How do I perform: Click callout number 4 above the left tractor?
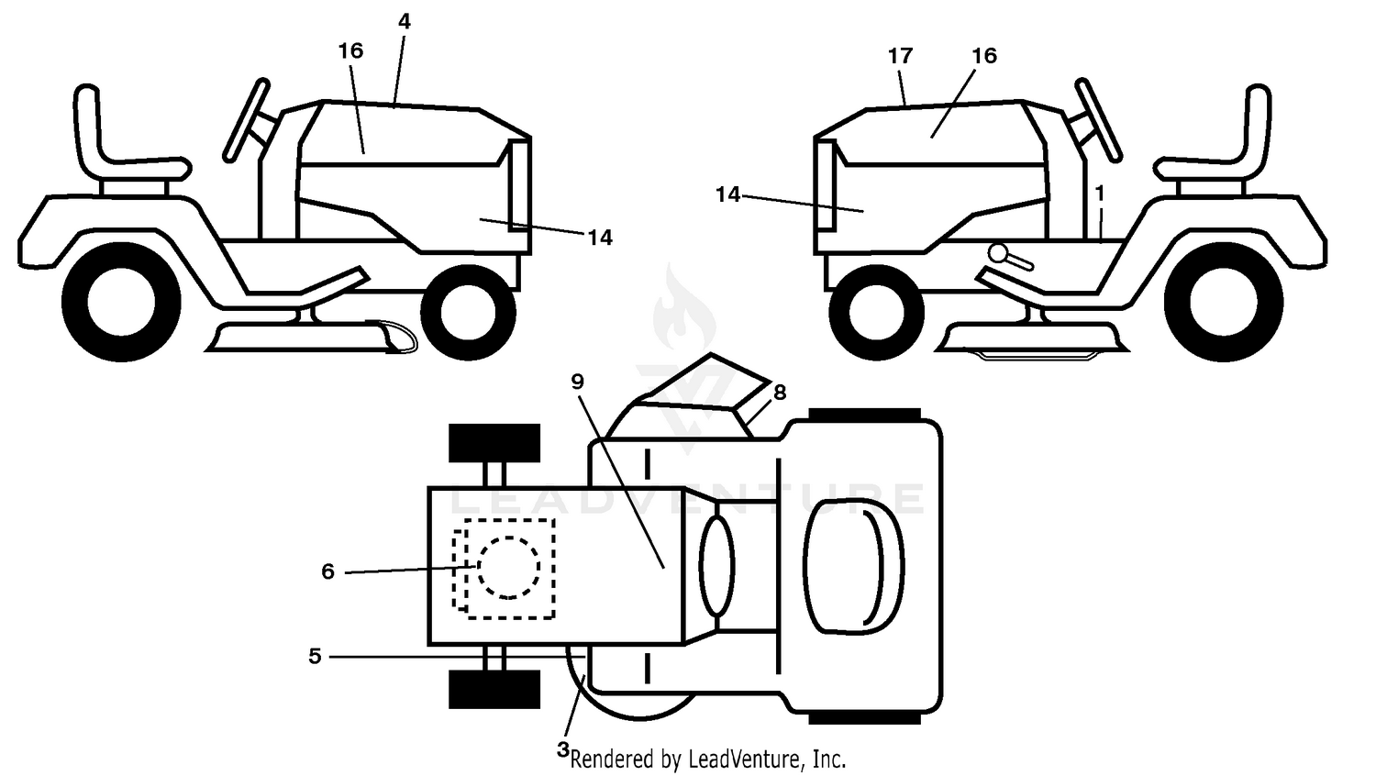pos(404,21)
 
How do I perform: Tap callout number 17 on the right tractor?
pos(900,56)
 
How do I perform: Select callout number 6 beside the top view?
pos(328,571)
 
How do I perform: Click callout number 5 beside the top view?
pos(315,656)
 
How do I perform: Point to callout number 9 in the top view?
pos(577,382)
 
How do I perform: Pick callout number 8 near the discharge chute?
pos(780,392)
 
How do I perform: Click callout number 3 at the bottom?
pos(562,749)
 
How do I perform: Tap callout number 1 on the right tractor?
pos(1100,194)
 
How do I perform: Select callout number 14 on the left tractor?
pos(600,238)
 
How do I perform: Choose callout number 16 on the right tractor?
pos(984,56)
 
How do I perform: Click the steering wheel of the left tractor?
pos(246,120)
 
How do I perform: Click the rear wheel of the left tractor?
pos(121,303)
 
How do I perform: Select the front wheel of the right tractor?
pos(876,313)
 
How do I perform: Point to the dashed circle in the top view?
pos(508,567)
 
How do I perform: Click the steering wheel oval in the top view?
pos(716,566)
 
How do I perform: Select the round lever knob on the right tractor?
pos(998,252)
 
